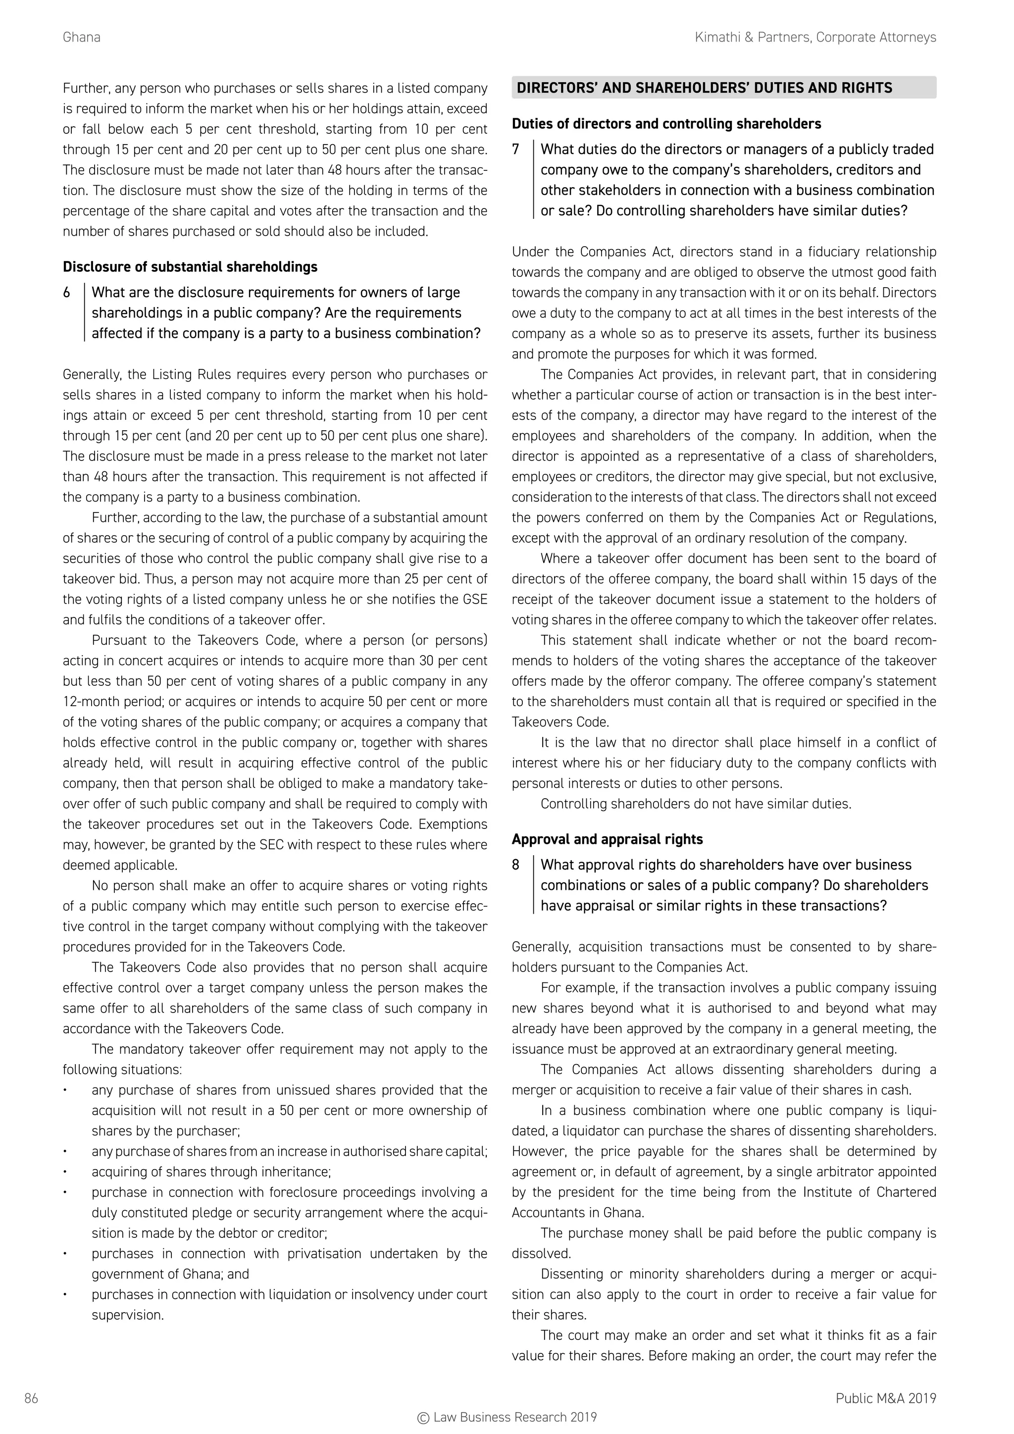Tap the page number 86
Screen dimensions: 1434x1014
click(31, 1398)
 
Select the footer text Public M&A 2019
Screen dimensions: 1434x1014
click(885, 1398)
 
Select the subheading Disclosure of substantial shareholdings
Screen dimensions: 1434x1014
click(190, 267)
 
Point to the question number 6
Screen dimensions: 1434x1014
click(67, 292)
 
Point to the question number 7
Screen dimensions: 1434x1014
click(516, 149)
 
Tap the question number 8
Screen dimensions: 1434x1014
click(516, 865)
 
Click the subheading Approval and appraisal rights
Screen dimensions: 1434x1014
click(607, 839)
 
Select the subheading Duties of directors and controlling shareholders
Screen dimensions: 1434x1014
click(666, 124)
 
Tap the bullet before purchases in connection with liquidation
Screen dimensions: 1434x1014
click(65, 1295)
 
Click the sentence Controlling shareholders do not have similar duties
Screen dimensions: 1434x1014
click(696, 804)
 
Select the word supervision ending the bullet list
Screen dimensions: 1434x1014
click(127, 1315)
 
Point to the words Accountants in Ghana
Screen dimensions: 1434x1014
click(577, 1213)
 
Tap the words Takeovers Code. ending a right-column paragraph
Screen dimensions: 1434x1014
click(559, 722)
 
